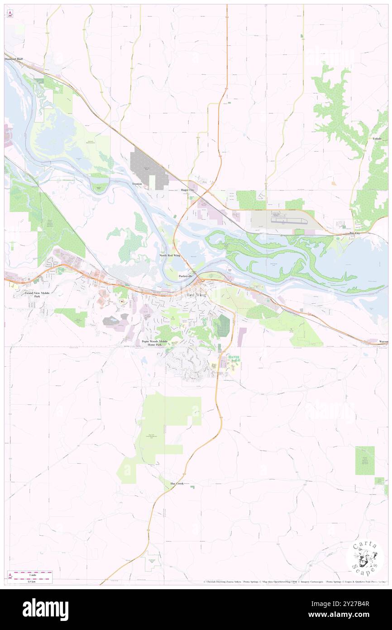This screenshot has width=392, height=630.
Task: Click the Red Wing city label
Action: (196, 295)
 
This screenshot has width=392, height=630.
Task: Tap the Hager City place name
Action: (187, 190)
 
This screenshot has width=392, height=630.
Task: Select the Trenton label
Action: (137, 184)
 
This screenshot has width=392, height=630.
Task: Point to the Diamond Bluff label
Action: (14, 59)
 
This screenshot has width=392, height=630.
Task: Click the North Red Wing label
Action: (170, 256)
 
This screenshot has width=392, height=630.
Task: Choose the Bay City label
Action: (355, 233)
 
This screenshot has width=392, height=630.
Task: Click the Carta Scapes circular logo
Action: (365, 558)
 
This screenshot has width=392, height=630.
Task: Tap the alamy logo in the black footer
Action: (45, 610)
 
